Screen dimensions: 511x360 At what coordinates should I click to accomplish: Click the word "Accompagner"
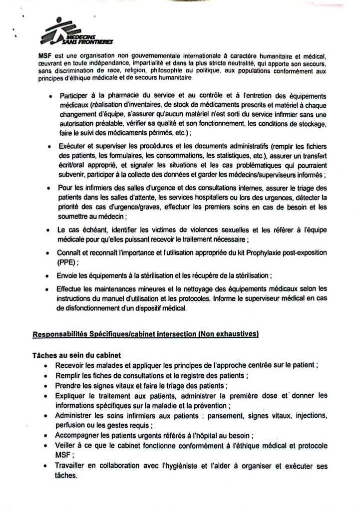[x=67, y=434]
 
